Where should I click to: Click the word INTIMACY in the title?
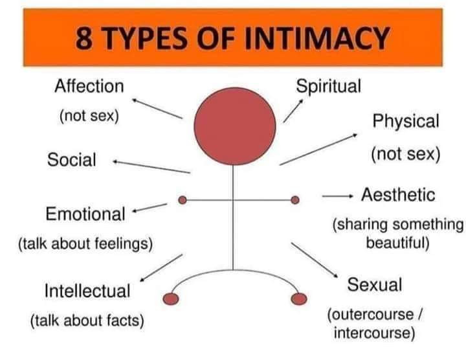click(317, 39)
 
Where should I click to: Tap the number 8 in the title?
click(83, 39)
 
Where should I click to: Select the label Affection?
click(89, 86)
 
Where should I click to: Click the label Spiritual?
click(328, 87)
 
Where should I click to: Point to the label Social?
click(72, 160)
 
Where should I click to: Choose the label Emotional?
click(85, 214)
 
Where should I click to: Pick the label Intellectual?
click(87, 291)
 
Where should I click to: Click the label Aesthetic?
click(398, 195)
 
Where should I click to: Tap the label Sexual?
click(375, 284)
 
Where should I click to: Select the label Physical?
click(406, 122)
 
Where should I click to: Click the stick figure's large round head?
click(235, 126)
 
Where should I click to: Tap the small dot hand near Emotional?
click(183, 200)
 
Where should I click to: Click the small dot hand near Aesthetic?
click(295, 200)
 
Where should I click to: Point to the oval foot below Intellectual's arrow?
click(171, 298)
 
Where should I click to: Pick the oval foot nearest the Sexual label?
click(299, 298)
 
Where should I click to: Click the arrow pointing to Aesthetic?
click(338, 196)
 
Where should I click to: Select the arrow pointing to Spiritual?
click(293, 111)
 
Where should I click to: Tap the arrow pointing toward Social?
click(151, 167)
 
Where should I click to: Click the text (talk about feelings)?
click(85, 243)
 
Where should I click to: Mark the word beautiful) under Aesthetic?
click(397, 243)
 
